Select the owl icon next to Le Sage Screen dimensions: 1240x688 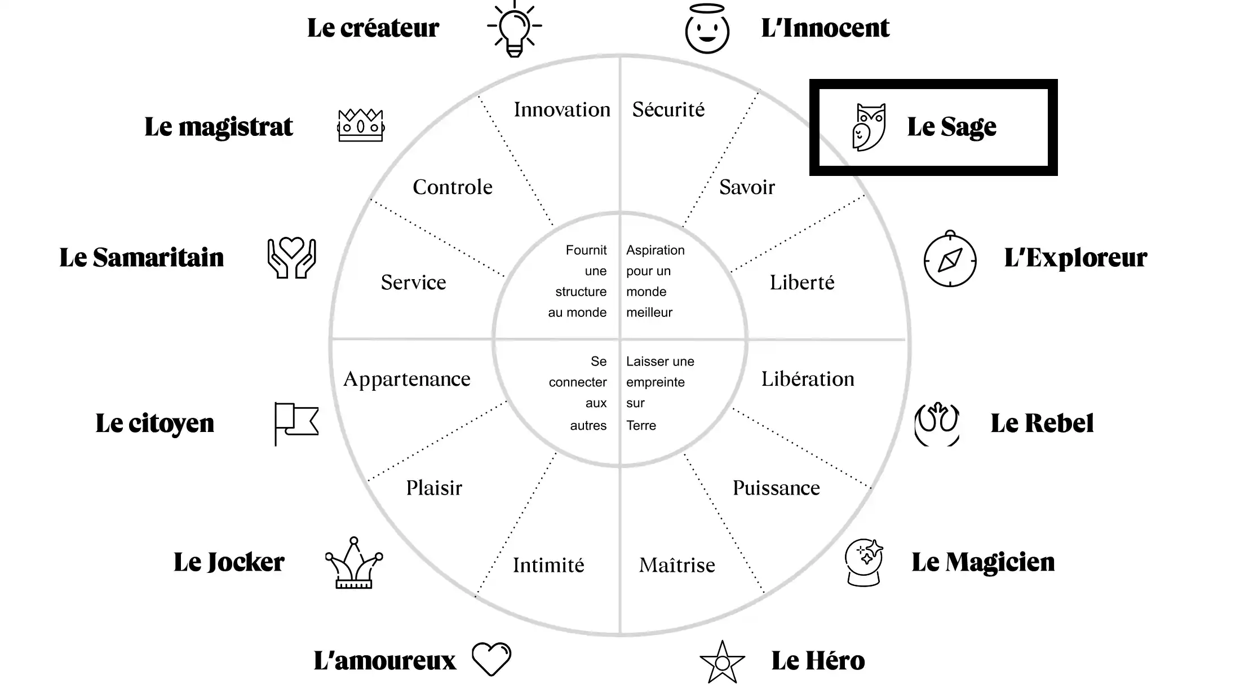click(x=869, y=127)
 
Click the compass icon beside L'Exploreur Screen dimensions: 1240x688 click(x=950, y=259)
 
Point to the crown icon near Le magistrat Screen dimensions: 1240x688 click(x=361, y=125)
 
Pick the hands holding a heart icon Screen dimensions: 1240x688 click(x=291, y=258)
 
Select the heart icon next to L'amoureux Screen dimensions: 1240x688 click(x=491, y=659)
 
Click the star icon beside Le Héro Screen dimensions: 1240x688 click(x=722, y=662)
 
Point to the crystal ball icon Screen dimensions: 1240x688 click(x=864, y=563)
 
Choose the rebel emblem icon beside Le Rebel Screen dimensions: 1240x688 click(x=937, y=424)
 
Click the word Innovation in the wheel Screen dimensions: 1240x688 click(x=562, y=109)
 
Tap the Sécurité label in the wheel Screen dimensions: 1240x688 click(x=668, y=109)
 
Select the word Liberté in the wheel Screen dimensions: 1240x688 click(x=802, y=282)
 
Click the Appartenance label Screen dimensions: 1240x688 click(x=407, y=380)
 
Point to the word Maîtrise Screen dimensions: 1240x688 click(x=677, y=564)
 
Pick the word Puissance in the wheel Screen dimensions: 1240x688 click(x=776, y=488)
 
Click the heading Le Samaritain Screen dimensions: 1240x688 click(x=141, y=258)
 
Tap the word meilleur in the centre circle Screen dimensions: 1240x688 click(x=649, y=312)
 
